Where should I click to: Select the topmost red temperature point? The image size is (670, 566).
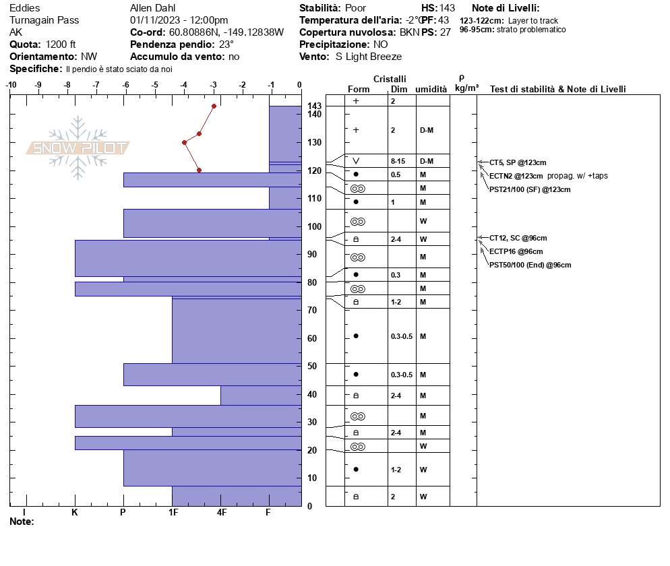point(214,106)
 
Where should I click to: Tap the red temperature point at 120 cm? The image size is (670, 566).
point(199,170)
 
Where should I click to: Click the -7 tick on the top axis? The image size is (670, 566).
point(96,86)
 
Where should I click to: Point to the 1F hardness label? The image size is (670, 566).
point(173,513)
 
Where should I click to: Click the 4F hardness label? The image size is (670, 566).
point(222,513)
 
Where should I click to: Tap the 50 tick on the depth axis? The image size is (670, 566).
point(311,366)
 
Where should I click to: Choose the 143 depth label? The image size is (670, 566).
point(314,106)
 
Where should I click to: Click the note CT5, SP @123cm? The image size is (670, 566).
point(518,162)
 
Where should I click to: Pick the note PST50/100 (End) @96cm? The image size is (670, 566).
point(530,265)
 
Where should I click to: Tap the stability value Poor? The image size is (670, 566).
point(355,8)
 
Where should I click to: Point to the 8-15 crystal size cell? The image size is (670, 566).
point(398,161)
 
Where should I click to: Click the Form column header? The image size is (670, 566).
point(359,89)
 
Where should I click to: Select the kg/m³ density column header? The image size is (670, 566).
point(466,88)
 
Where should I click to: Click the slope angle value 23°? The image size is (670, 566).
point(226,44)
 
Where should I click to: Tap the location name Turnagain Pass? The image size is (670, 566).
point(44,20)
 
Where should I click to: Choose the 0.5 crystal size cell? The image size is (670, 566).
point(395,175)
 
